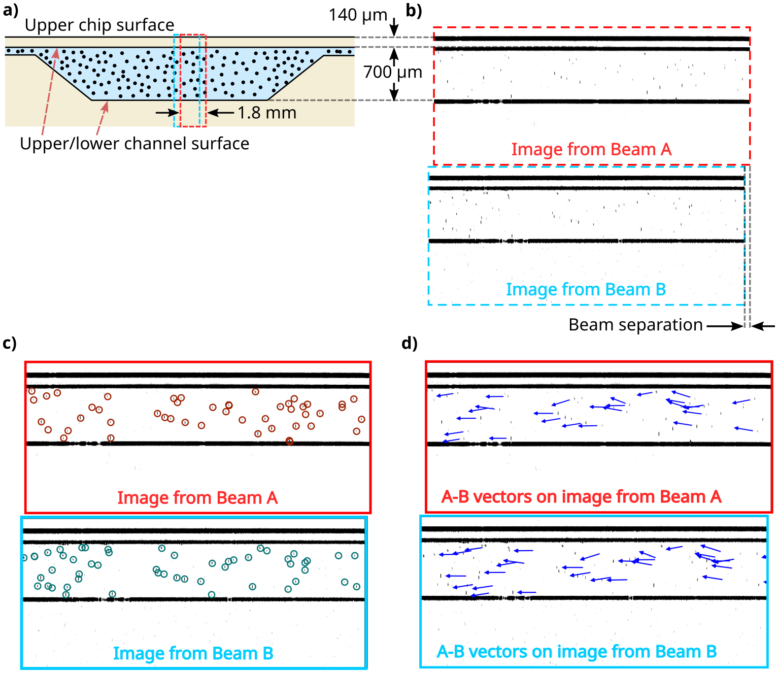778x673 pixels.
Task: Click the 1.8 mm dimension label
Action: tap(267, 113)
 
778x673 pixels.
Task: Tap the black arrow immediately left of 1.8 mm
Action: tap(220, 113)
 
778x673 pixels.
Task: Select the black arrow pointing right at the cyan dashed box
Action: tap(165, 113)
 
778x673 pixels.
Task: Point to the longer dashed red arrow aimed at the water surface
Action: tap(50, 91)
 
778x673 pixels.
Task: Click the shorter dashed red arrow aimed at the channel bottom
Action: tap(102, 118)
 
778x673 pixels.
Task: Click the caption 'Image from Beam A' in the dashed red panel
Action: tap(591, 149)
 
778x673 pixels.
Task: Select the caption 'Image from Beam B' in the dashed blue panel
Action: tap(586, 289)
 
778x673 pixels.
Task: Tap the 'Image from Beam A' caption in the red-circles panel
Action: tap(197, 498)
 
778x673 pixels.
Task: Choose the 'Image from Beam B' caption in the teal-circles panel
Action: tap(193, 653)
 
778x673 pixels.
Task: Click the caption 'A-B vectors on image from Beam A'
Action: tap(581, 496)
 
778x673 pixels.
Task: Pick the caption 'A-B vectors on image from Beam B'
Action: tap(577, 652)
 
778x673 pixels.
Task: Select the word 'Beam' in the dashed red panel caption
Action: tap(633, 149)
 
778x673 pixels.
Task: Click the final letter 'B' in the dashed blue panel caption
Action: tap(660, 289)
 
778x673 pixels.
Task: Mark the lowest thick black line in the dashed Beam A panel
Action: tap(591, 102)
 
